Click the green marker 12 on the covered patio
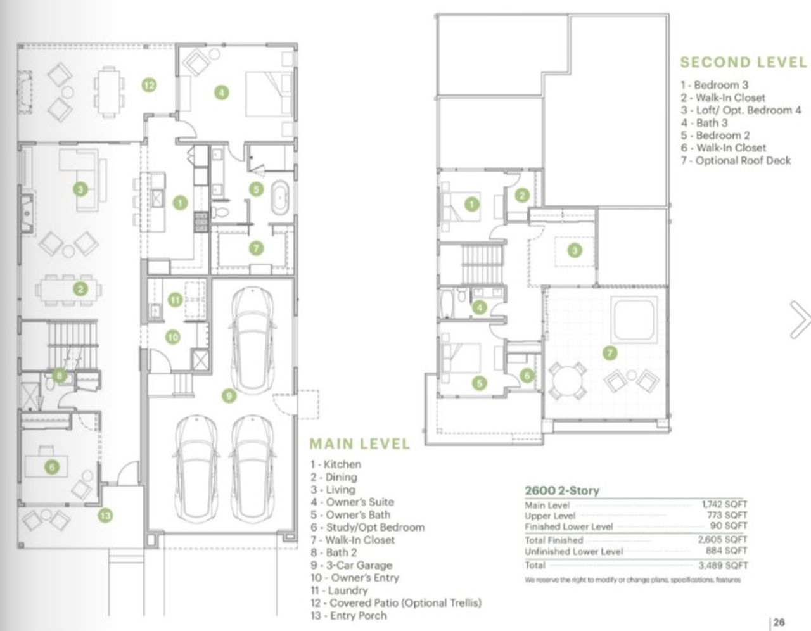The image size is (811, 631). coord(149,85)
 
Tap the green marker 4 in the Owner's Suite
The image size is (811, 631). coord(220,92)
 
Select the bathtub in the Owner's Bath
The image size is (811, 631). coord(280,197)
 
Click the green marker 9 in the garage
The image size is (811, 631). coord(229,396)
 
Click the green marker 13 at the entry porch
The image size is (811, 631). coord(105,516)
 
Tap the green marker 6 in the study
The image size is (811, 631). coord(52,468)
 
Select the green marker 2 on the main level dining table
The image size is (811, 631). coord(80,290)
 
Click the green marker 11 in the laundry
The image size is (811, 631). coord(176,300)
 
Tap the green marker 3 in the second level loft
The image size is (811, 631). coord(574,250)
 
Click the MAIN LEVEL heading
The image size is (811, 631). coord(359,443)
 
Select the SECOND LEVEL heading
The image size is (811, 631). coord(743,62)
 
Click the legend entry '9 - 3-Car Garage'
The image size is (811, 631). coord(351,565)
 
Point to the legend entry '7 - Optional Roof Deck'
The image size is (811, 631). coord(736,161)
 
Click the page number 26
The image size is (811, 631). coord(779,622)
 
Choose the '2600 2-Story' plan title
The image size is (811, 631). coord(561,490)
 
